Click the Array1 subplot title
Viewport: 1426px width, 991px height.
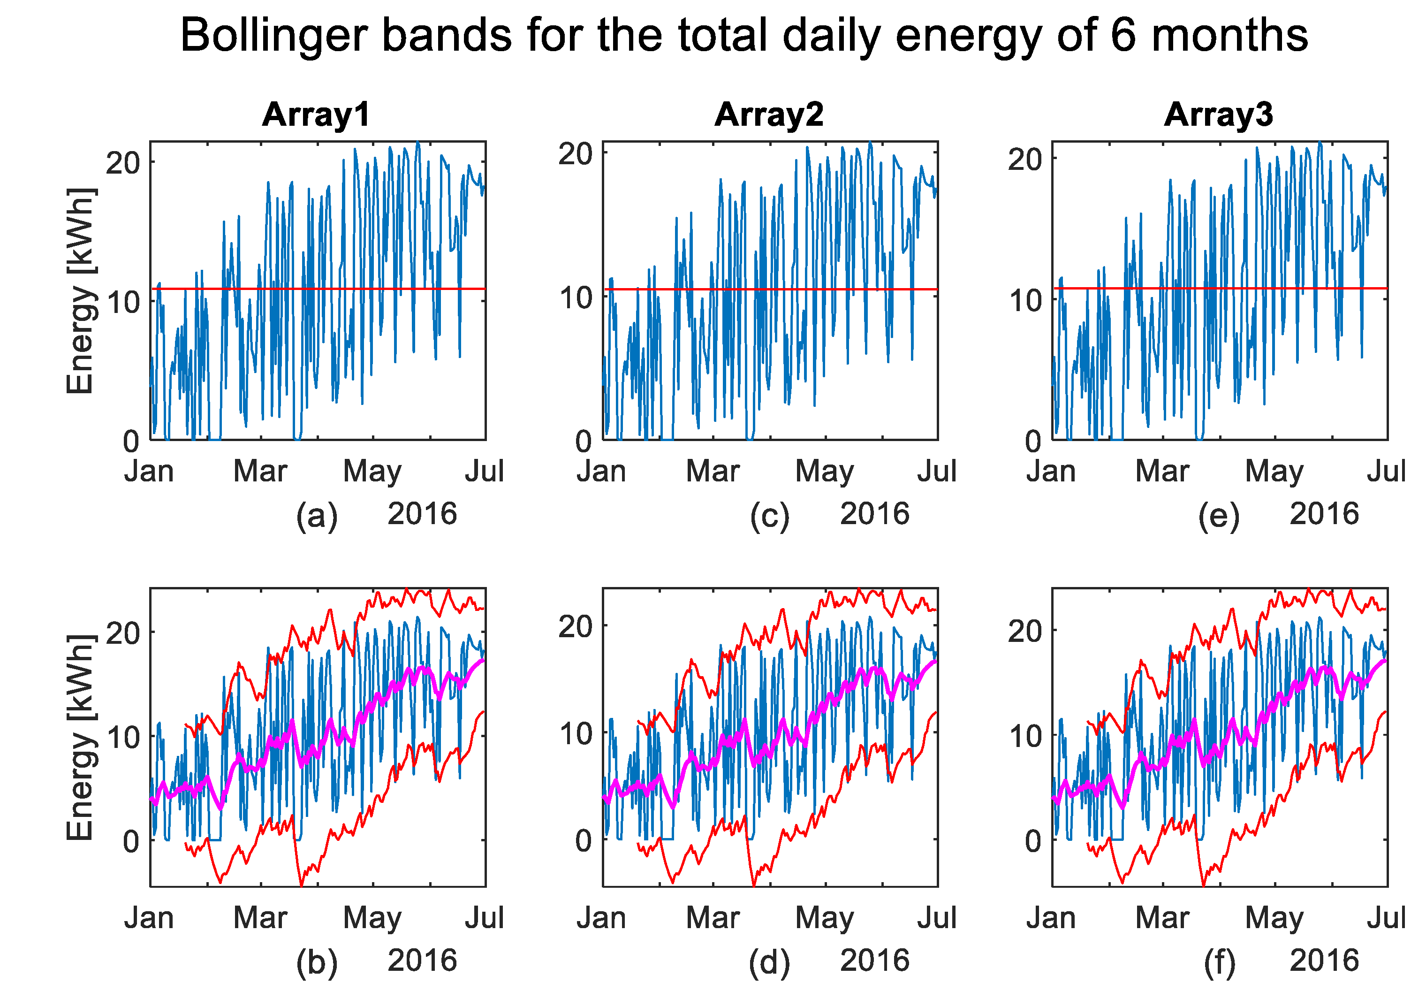pyautogui.click(x=316, y=115)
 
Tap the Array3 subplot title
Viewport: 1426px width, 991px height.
pyautogui.click(x=1218, y=115)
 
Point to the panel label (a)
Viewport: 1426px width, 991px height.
pyautogui.click(x=317, y=515)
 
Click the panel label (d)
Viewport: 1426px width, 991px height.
pyautogui.click(x=769, y=962)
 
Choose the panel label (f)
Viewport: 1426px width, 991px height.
pyautogui.click(x=1219, y=962)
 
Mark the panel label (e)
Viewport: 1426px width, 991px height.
pyautogui.click(x=1219, y=515)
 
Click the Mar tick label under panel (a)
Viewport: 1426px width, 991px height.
pyautogui.click(x=260, y=472)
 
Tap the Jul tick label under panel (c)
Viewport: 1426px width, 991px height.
pyautogui.click(x=937, y=472)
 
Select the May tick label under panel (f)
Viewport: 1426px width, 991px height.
pyautogui.click(x=1274, y=918)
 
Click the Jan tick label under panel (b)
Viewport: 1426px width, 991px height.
pyautogui.click(x=149, y=918)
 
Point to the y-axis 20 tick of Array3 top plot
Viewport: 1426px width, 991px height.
pyautogui.click(x=1024, y=160)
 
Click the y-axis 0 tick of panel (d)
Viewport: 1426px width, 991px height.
pyautogui.click(x=584, y=841)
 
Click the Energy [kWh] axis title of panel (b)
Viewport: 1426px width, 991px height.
pyautogui.click(x=81, y=737)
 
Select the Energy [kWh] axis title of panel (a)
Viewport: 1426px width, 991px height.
pyautogui.click(x=81, y=290)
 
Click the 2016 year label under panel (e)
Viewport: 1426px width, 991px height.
pyautogui.click(x=1324, y=514)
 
